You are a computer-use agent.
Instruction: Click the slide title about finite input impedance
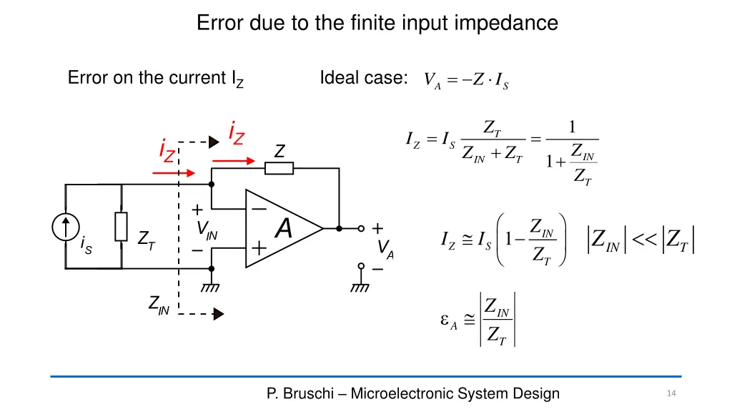point(377,23)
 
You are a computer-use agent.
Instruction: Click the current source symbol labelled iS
point(66,227)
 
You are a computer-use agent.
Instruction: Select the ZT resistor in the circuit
point(122,227)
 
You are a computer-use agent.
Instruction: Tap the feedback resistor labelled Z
point(279,168)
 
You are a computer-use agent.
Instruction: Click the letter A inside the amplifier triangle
point(284,229)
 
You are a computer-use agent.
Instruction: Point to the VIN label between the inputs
point(207,230)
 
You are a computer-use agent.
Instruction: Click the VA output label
point(385,248)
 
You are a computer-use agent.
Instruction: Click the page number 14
point(671,393)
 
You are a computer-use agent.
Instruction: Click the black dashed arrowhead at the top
point(213,142)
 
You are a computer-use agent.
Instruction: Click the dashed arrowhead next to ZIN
point(219,313)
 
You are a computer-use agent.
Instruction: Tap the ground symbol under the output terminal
point(360,288)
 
